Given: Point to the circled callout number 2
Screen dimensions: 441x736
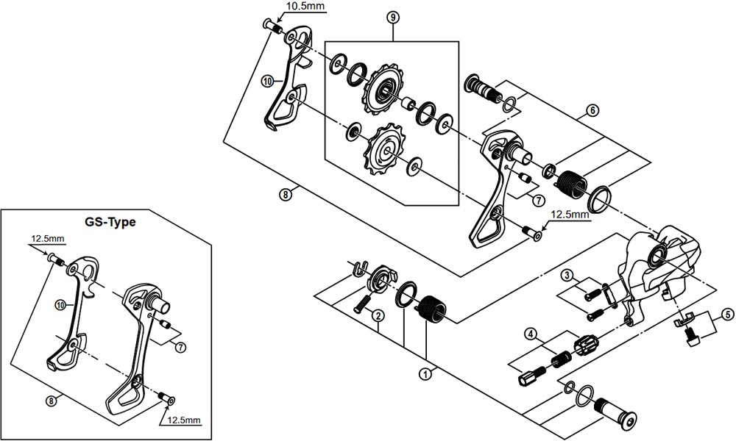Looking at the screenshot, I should [377, 316].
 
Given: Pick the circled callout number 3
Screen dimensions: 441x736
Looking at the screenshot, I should [566, 276].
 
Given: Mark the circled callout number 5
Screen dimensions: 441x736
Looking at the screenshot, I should [726, 315].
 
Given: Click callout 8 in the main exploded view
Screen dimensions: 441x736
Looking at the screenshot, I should [286, 195].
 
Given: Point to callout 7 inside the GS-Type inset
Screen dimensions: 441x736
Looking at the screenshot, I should [181, 348].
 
